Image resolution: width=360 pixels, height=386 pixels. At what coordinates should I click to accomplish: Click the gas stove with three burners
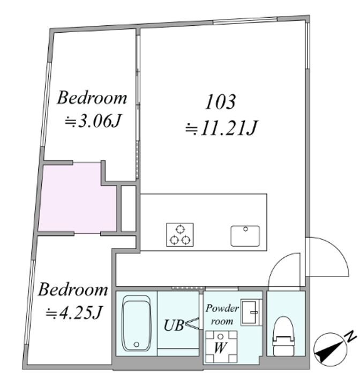pyautogui.click(x=179, y=235)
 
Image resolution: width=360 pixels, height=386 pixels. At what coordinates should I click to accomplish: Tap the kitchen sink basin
pyautogui.click(x=245, y=236)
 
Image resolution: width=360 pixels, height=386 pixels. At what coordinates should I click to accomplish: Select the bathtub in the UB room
pyautogui.click(x=137, y=323)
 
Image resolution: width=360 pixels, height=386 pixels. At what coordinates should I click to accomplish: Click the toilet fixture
pyautogui.click(x=283, y=336)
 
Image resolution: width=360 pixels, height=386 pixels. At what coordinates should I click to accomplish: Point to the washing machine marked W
pyautogui.click(x=221, y=347)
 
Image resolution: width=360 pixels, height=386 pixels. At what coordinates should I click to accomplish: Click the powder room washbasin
pyautogui.click(x=251, y=313)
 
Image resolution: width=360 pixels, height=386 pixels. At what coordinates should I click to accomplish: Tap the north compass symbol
pyautogui.click(x=331, y=349)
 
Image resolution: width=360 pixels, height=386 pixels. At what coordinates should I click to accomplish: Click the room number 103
pyautogui.click(x=220, y=101)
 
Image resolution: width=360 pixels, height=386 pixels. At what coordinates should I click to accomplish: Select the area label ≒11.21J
pyautogui.click(x=221, y=128)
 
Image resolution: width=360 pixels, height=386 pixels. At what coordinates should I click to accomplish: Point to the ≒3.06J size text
pyautogui.click(x=93, y=121)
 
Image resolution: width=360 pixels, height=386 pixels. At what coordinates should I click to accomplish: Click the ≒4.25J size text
pyautogui.click(x=73, y=312)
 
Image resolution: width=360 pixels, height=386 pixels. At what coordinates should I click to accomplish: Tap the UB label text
pyautogui.click(x=174, y=325)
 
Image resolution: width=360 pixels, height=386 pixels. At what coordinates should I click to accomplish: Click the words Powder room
pyautogui.click(x=222, y=315)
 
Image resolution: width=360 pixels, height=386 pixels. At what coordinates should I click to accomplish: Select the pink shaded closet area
pyautogui.click(x=77, y=198)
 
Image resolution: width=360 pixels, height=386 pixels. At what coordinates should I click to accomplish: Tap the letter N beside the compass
pyautogui.click(x=351, y=337)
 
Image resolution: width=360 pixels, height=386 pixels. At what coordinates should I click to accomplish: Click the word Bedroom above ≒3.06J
pyautogui.click(x=92, y=98)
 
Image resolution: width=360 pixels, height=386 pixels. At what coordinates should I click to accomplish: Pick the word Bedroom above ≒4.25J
pyautogui.click(x=73, y=289)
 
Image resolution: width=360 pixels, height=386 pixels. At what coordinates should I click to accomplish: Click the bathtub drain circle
pyautogui.click(x=136, y=344)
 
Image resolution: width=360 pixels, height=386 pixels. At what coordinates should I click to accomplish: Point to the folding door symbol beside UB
pyautogui.click(x=193, y=323)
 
